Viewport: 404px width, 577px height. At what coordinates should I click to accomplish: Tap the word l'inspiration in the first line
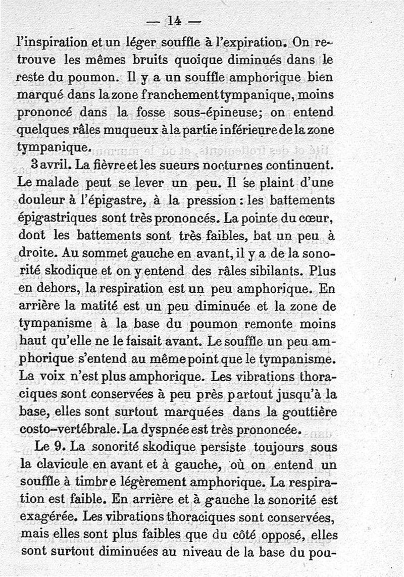click(x=47, y=42)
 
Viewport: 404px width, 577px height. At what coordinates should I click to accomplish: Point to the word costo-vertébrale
click(x=63, y=430)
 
